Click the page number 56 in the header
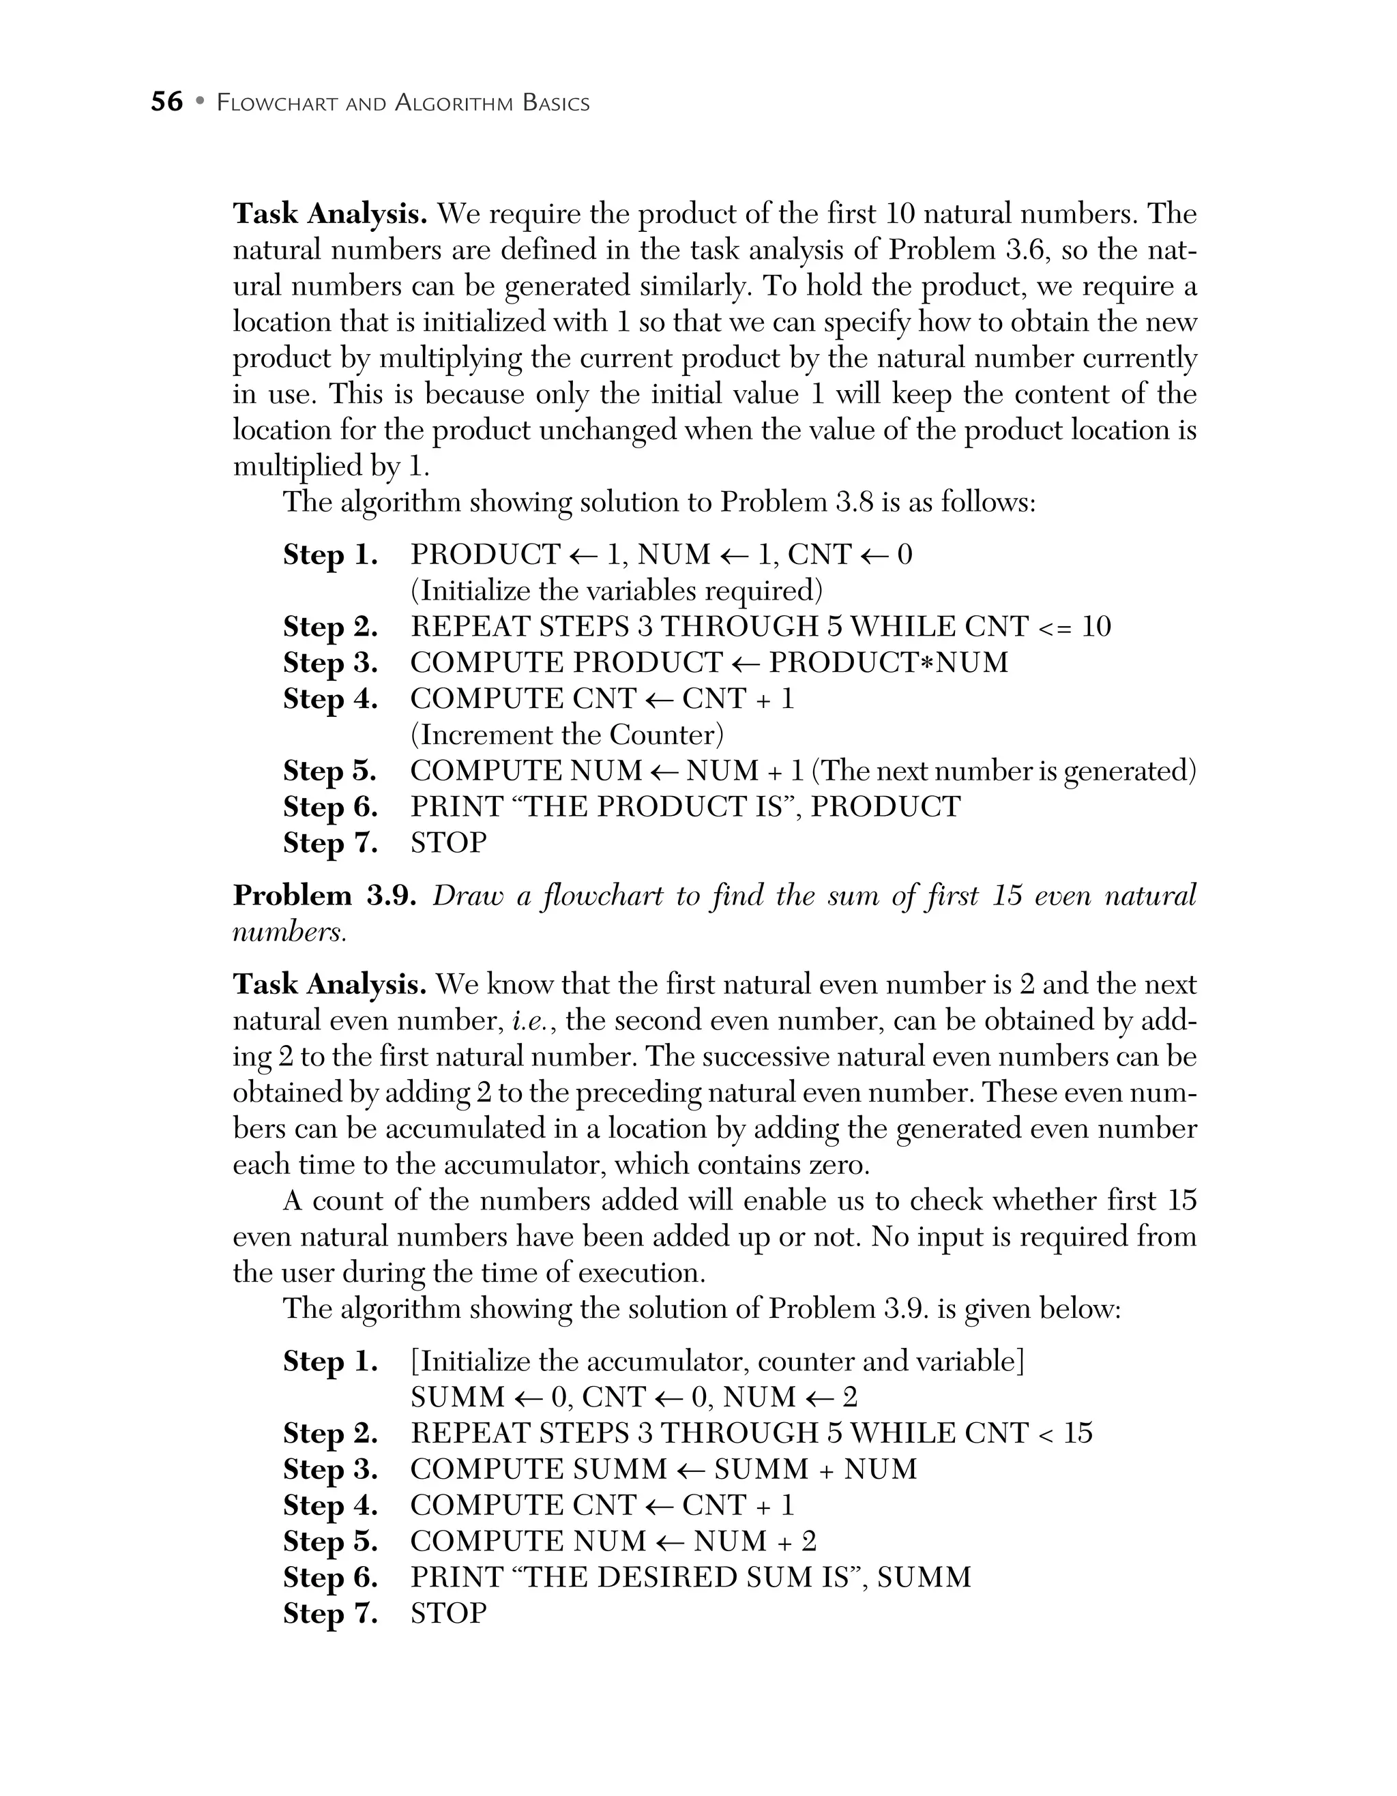point(167,102)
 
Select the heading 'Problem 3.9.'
point(325,895)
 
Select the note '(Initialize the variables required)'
point(616,591)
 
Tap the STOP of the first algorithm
point(448,843)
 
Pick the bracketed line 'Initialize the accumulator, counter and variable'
point(717,1361)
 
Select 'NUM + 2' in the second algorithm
point(754,1541)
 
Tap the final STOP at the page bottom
point(448,1613)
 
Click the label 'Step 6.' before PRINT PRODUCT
point(331,807)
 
